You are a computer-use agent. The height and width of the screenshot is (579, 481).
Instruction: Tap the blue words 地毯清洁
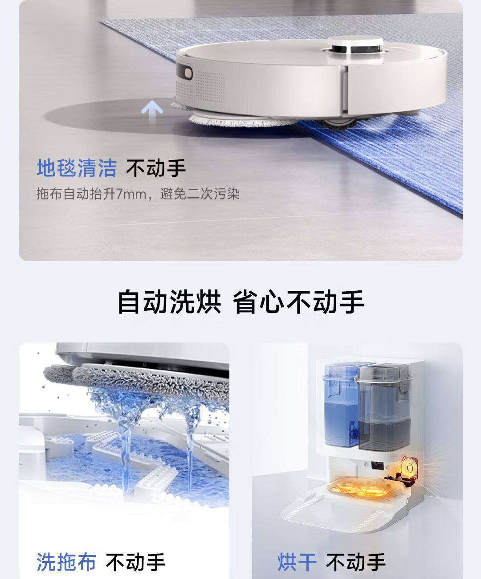(77, 168)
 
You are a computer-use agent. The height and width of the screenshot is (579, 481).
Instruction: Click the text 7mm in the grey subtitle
(131, 194)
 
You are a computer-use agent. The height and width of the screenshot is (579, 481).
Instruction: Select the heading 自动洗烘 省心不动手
(240, 302)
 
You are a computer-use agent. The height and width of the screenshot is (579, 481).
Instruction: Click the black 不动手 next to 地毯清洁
(156, 168)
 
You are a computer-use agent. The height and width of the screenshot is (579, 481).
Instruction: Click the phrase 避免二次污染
(200, 194)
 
